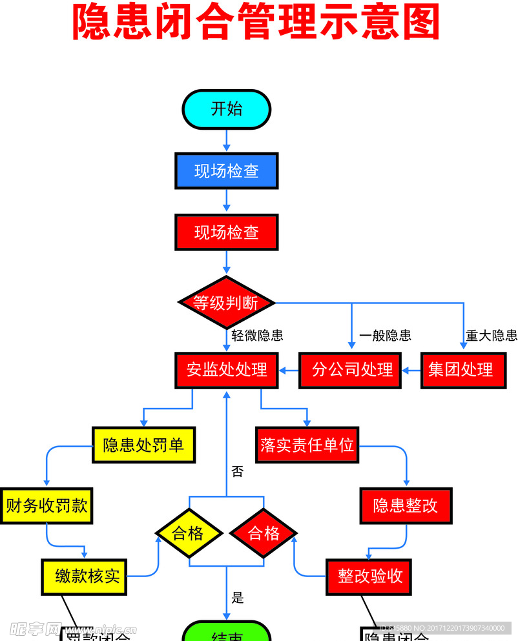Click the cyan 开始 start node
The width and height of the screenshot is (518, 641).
point(226,108)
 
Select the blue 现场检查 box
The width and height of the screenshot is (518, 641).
point(226,170)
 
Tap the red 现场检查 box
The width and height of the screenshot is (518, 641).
point(226,232)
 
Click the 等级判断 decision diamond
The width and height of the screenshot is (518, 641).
point(226,302)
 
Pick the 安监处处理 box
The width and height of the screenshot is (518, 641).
point(226,370)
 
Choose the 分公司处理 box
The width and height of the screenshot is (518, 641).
point(349,370)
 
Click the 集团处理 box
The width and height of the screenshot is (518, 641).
point(462,370)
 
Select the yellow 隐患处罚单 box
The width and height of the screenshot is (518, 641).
point(143,445)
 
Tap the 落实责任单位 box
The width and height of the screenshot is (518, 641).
point(307,445)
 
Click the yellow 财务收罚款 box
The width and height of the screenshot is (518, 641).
point(47,505)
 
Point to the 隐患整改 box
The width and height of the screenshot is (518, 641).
point(406,505)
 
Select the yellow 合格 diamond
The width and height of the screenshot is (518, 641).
point(189,533)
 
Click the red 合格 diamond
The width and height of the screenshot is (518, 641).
point(264,533)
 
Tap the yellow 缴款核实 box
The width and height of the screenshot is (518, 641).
point(84,576)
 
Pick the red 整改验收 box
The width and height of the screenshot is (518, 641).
point(369,576)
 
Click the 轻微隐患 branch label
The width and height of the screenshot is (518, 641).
point(257,336)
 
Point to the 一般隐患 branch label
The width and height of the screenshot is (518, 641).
point(385,336)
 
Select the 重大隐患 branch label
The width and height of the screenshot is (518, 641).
point(492,336)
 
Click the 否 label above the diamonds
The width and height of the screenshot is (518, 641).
point(238,471)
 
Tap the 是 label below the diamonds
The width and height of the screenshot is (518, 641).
point(238,598)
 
